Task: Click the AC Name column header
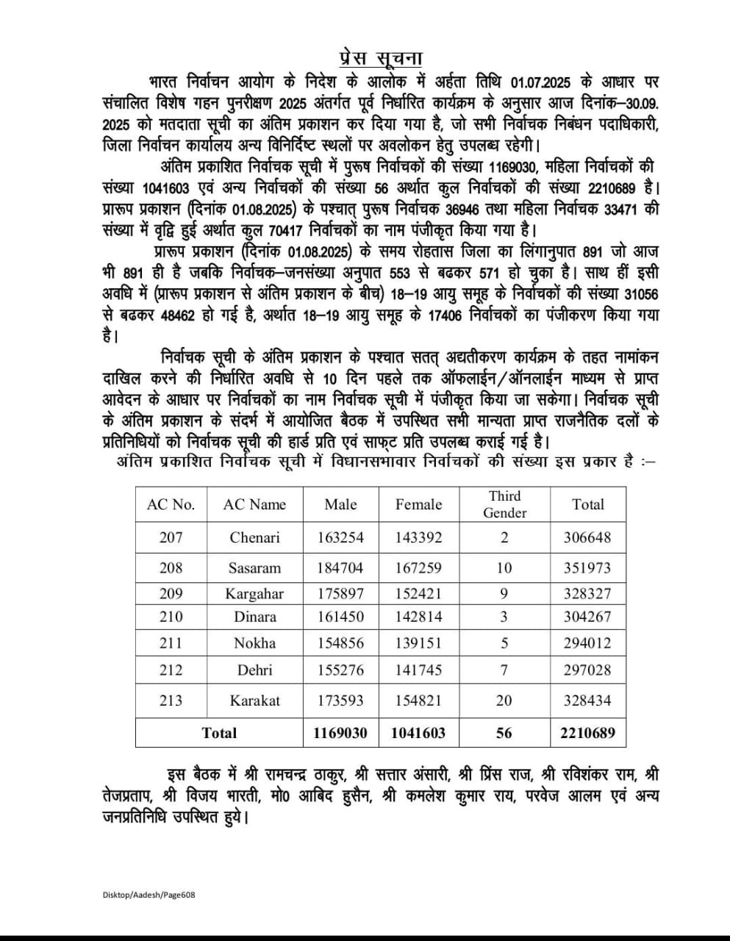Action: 254,504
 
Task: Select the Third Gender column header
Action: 504,504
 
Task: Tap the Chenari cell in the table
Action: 254,537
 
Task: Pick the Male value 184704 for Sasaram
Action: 340,568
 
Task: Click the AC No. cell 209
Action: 171,593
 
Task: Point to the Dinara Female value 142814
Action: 418,617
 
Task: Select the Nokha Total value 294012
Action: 587,643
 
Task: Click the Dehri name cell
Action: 254,670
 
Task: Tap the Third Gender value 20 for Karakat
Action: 504,701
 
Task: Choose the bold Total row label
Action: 219,732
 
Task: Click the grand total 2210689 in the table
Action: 587,732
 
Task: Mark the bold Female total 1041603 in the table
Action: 418,732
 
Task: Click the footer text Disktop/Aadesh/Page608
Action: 149,895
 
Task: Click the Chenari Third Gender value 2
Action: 504,537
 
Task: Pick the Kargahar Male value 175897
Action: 340,593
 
